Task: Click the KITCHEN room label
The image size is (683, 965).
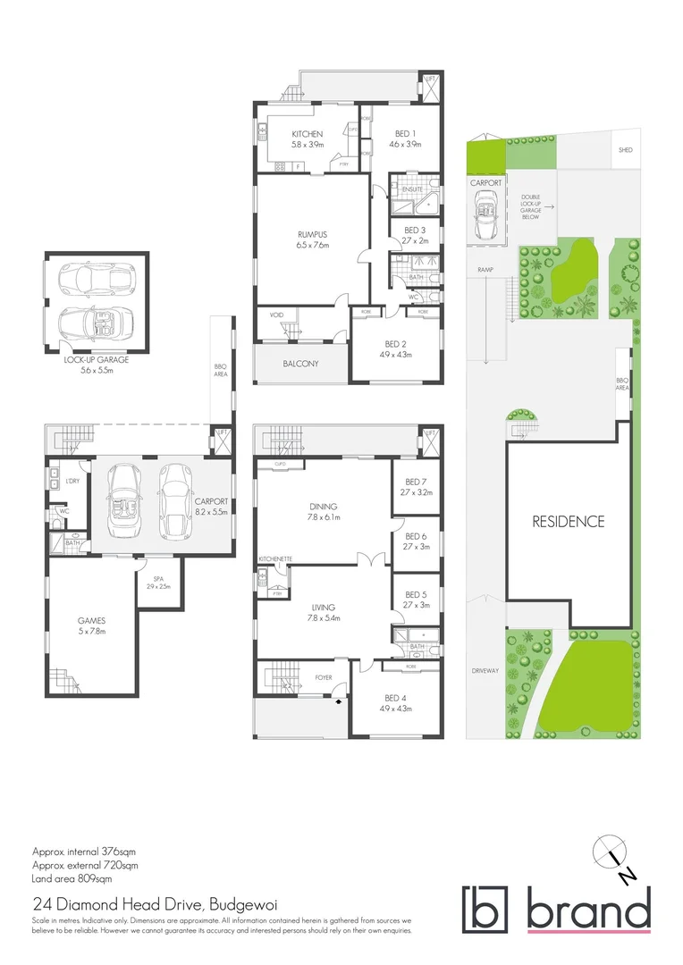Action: (307, 134)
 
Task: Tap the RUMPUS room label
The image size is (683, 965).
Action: (313, 235)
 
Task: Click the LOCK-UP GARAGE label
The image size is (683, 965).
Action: (96, 359)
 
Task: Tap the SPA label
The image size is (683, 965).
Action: (157, 578)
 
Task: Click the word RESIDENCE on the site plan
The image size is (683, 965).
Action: (569, 522)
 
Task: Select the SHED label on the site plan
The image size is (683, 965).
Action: (625, 150)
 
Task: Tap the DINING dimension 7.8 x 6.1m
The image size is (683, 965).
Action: (323, 516)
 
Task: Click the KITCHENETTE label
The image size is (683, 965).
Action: (274, 559)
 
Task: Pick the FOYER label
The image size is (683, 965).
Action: (324, 677)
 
